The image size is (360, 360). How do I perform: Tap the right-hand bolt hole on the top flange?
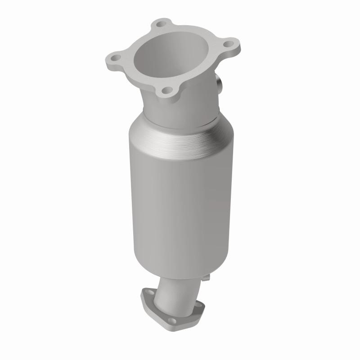tap(228, 45)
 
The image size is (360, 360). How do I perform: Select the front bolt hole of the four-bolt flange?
tap(167, 90)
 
